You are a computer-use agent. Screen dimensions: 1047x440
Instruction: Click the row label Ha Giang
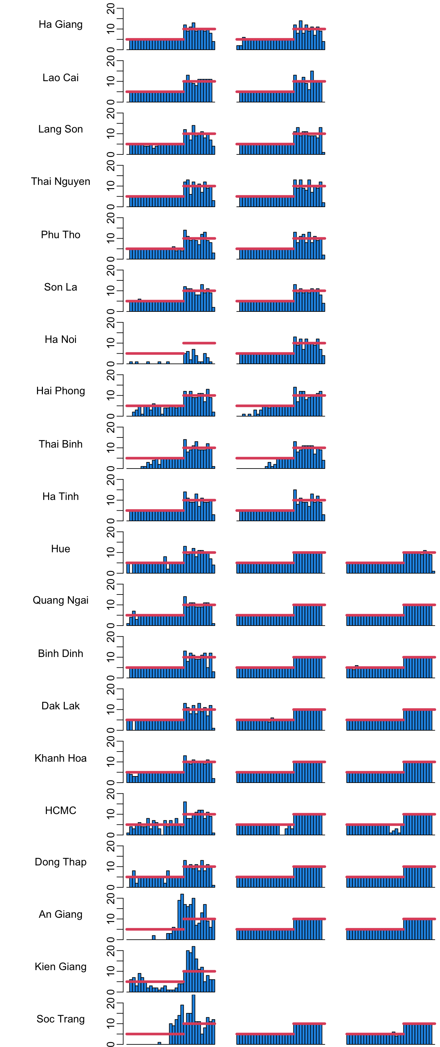click(61, 25)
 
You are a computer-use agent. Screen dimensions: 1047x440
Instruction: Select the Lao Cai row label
click(61, 78)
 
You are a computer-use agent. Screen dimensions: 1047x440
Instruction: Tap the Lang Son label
click(61, 129)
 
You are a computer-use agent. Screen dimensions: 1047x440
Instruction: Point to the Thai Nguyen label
click(61, 182)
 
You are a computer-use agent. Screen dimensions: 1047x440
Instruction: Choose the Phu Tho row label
click(61, 235)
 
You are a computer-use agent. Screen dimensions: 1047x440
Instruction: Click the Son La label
click(61, 287)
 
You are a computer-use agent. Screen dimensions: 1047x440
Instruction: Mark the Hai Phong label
click(61, 391)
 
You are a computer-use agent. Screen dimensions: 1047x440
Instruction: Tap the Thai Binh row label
click(61, 444)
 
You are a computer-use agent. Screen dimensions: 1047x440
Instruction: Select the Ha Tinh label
click(61, 497)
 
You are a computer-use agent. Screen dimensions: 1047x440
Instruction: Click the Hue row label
click(61, 549)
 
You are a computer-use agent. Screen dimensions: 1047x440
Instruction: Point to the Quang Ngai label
click(61, 601)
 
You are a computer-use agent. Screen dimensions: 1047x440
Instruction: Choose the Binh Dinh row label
click(61, 654)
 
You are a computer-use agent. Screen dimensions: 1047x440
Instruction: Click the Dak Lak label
click(61, 706)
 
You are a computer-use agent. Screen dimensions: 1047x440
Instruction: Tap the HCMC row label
click(61, 811)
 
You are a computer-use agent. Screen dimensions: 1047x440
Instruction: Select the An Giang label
click(61, 914)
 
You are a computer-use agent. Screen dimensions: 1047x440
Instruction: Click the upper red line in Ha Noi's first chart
click(199, 343)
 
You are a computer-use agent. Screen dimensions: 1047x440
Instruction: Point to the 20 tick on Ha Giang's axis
click(111, 9)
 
